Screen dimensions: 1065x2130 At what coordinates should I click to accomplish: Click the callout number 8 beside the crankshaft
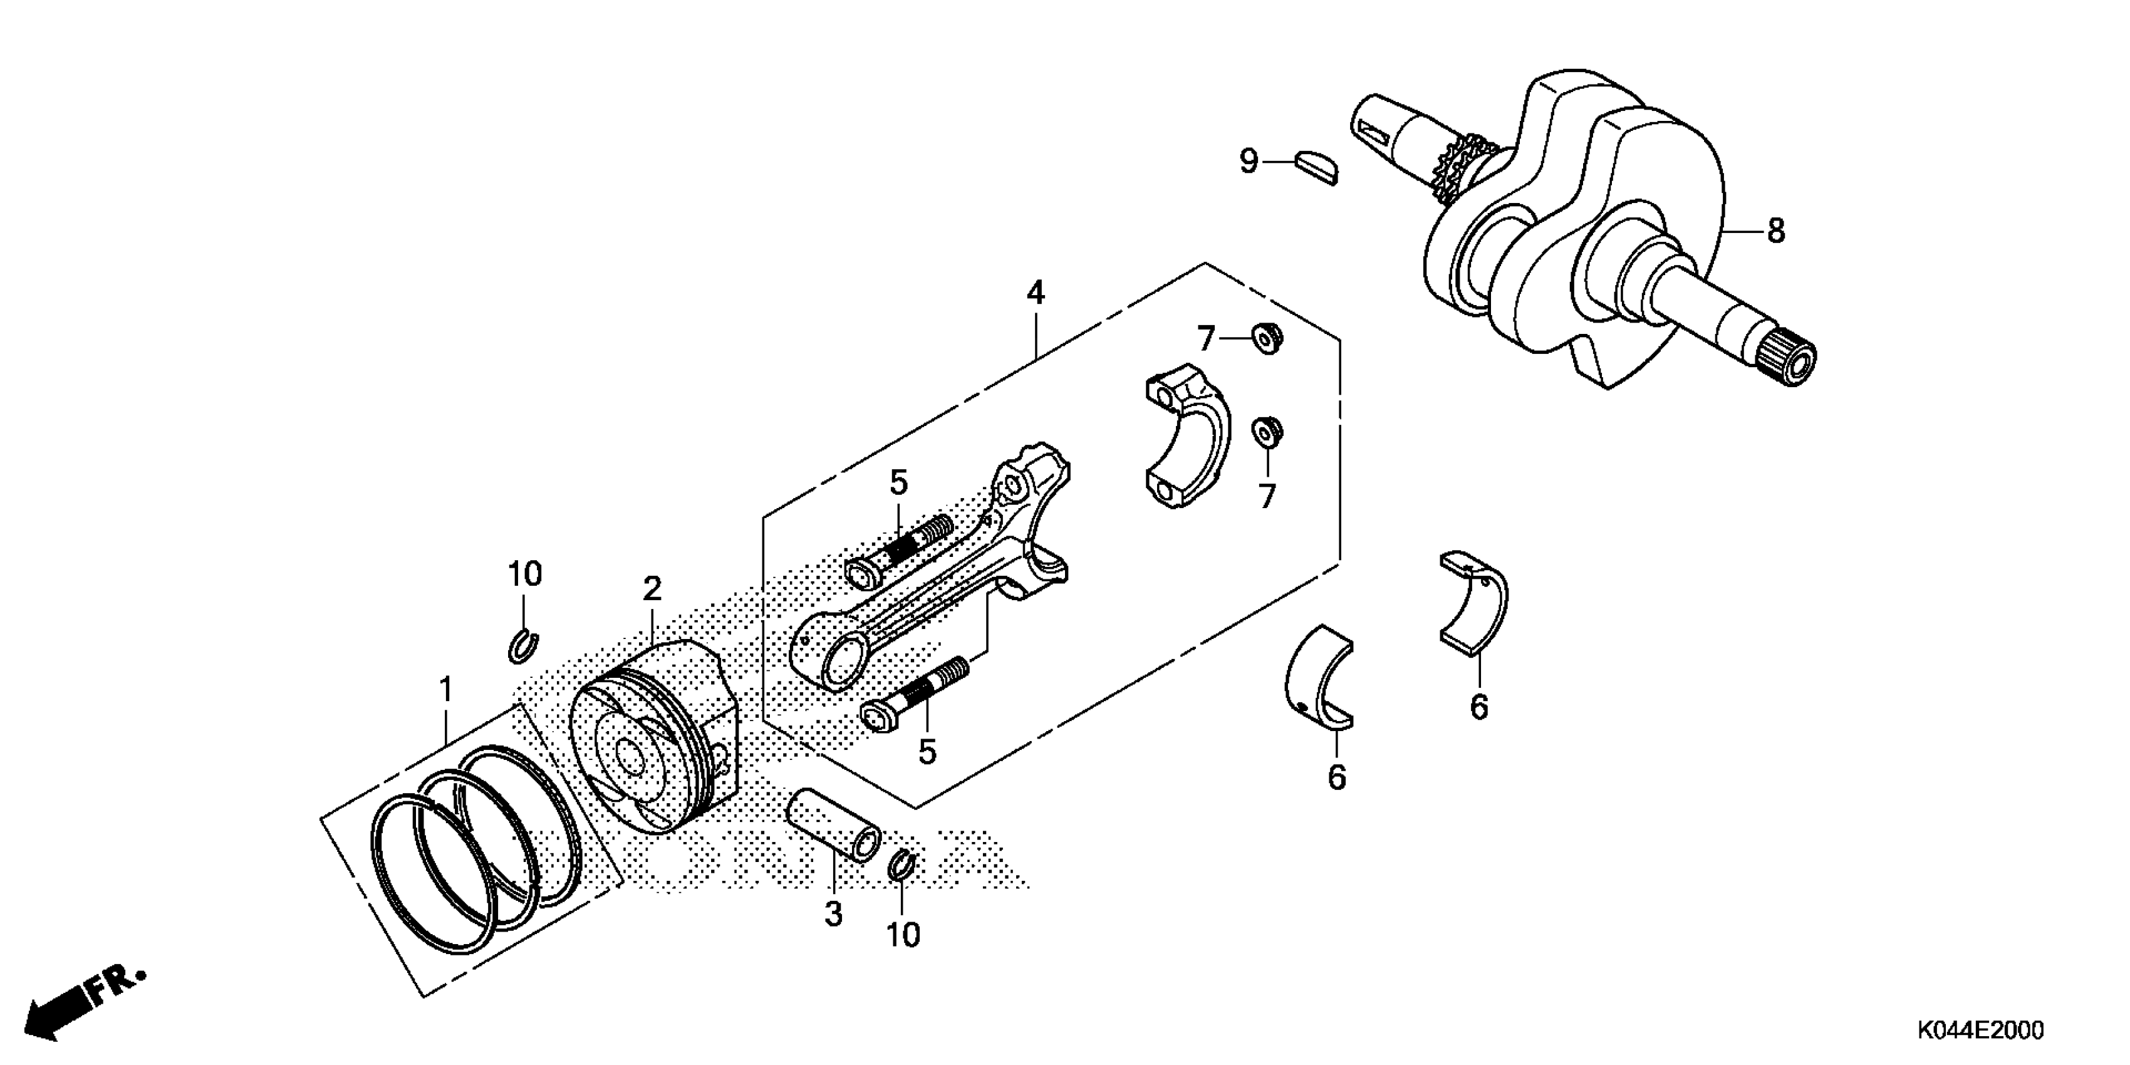pos(1775,231)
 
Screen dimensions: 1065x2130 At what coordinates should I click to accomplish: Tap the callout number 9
pos(1249,161)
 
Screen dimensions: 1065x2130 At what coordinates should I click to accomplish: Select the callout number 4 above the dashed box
pos(1035,293)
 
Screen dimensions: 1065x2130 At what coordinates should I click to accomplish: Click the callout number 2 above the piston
pos(652,590)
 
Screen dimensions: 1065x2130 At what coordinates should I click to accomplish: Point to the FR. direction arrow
pos(83,1001)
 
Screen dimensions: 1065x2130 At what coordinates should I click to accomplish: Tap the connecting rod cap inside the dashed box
pos(1186,447)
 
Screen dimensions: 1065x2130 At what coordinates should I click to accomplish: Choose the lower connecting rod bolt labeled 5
pos(916,695)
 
